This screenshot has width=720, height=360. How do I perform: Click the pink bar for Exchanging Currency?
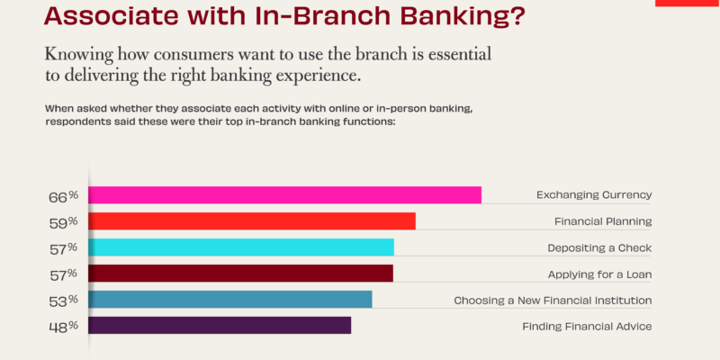pyautogui.click(x=284, y=194)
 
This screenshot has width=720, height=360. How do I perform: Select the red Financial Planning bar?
pyautogui.click(x=252, y=220)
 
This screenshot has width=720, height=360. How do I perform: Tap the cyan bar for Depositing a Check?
pyautogui.click(x=241, y=247)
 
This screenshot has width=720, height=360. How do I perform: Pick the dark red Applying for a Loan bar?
pyautogui.click(x=240, y=274)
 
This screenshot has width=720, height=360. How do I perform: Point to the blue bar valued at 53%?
pyautogui.click(x=230, y=300)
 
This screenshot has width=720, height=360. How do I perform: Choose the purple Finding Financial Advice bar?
pyautogui.click(x=220, y=325)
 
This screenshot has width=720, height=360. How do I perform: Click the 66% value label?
pyautogui.click(x=64, y=197)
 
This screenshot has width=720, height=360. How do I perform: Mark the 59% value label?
pyautogui.click(x=64, y=222)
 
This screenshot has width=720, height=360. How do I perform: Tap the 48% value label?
pyautogui.click(x=64, y=328)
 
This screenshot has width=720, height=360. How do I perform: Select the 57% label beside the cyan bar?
pyautogui.click(x=64, y=249)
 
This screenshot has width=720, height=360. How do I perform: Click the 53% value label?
pyautogui.click(x=64, y=301)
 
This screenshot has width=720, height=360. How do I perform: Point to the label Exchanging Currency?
pyautogui.click(x=594, y=195)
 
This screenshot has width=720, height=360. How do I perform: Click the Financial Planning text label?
pyautogui.click(x=603, y=221)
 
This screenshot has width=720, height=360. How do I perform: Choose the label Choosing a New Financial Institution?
pyautogui.click(x=553, y=301)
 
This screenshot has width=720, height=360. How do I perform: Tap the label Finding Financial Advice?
pyautogui.click(x=588, y=327)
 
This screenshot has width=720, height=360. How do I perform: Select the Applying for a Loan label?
pyautogui.click(x=599, y=274)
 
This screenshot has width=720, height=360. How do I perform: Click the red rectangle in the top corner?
pyautogui.click(x=688, y=3)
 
